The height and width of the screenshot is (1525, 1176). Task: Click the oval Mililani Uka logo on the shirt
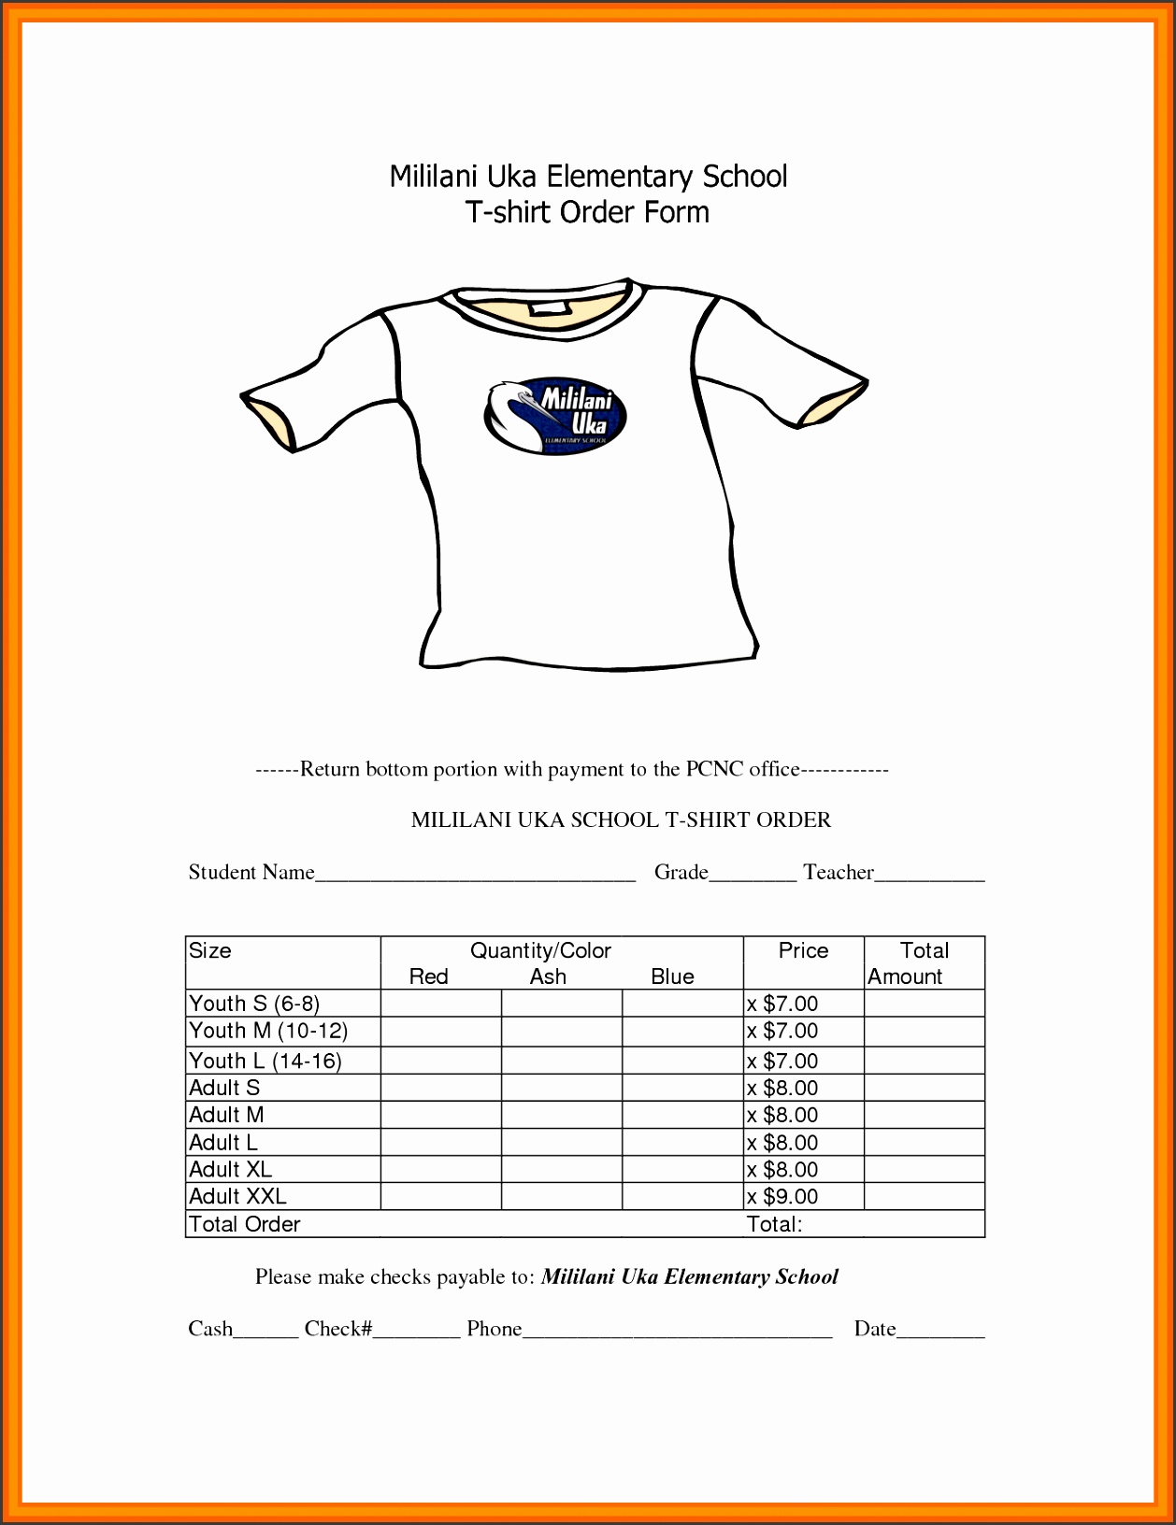556,415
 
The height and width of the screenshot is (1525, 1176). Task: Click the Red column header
429,976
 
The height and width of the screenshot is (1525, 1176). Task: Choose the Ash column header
548,976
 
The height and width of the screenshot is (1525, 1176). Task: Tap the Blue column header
672,976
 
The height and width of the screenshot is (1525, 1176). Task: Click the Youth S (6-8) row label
254,1004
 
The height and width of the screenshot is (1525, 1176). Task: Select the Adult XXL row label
237,1196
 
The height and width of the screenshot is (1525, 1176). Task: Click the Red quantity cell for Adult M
441,1115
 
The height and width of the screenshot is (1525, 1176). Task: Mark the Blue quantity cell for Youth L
682,1061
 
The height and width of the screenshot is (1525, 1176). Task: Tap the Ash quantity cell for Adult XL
562,1169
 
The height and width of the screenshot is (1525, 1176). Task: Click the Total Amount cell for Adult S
924,1088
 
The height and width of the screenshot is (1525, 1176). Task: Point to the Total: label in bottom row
774,1224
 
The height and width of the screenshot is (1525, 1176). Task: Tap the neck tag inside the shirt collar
547,307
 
